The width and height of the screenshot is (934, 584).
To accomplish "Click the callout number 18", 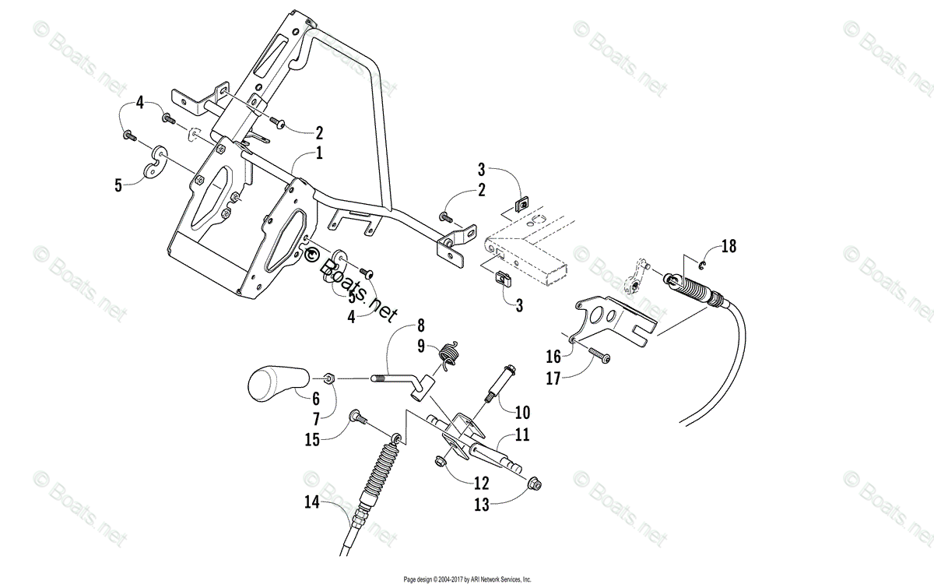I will (727, 248).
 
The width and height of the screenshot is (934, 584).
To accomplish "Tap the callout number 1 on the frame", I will (318, 154).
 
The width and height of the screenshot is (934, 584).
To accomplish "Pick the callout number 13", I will (482, 505).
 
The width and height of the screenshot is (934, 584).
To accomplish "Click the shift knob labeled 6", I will (276, 383).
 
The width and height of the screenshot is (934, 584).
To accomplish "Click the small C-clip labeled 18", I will (703, 268).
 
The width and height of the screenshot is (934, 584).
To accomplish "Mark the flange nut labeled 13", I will (535, 484).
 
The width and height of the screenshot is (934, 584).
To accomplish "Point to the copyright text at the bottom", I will (467, 579).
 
